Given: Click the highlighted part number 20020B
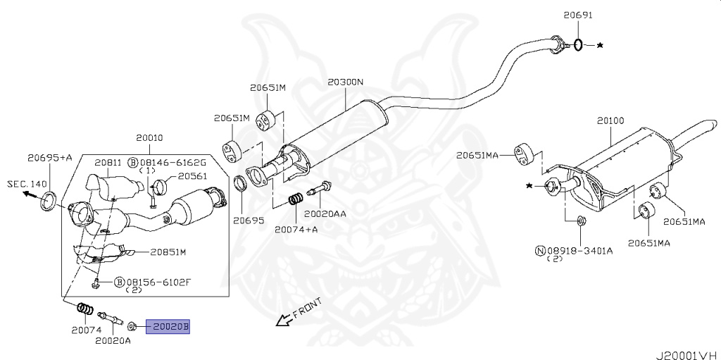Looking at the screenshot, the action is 168,327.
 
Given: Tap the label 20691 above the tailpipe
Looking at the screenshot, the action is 578,15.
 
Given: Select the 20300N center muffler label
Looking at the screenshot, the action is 345,82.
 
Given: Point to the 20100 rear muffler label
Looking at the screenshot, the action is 610,121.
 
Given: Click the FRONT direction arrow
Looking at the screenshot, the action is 282,321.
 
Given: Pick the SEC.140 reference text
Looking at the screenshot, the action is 27,184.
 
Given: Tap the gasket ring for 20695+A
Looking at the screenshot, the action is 50,202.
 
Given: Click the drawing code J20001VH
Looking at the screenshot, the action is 687,355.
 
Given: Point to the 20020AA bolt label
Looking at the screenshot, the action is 325,213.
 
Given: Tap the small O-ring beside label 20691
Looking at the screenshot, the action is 578,45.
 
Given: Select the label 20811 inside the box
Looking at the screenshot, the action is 108,162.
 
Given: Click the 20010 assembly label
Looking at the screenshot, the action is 149,137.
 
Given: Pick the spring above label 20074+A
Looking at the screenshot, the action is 296,200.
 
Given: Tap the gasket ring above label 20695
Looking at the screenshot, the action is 241,186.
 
